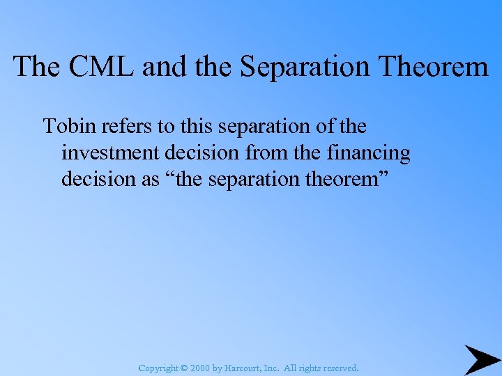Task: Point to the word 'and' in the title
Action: [x=158, y=67]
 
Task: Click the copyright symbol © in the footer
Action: [x=184, y=368]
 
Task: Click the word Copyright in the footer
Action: [x=159, y=368]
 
